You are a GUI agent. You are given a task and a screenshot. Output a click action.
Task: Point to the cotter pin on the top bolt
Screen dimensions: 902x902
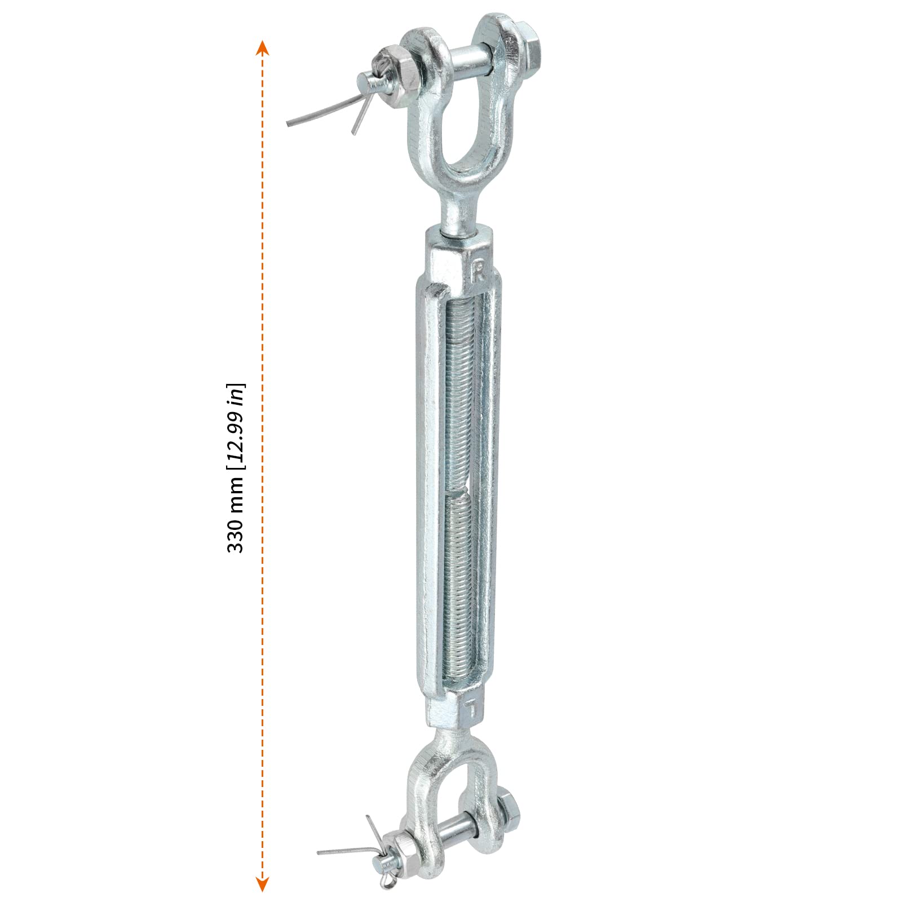tap(361, 96)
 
